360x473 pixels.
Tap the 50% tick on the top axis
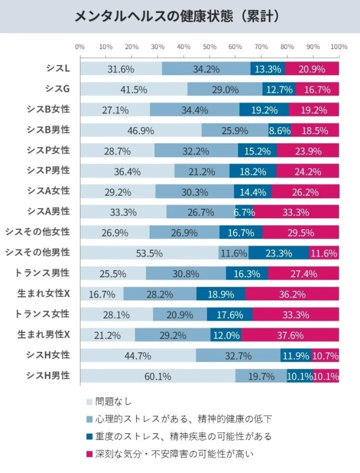point(209,47)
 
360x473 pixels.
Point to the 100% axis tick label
point(338,47)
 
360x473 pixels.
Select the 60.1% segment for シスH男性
point(157,376)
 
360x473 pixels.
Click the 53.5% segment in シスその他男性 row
point(149,253)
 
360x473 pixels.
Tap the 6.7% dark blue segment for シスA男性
point(244,212)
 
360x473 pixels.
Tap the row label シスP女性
point(48,150)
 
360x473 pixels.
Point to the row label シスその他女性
point(37,232)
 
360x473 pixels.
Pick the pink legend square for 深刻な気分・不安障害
point(89,453)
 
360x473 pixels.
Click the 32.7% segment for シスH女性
point(238,356)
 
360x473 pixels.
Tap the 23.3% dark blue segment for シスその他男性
point(278,253)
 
